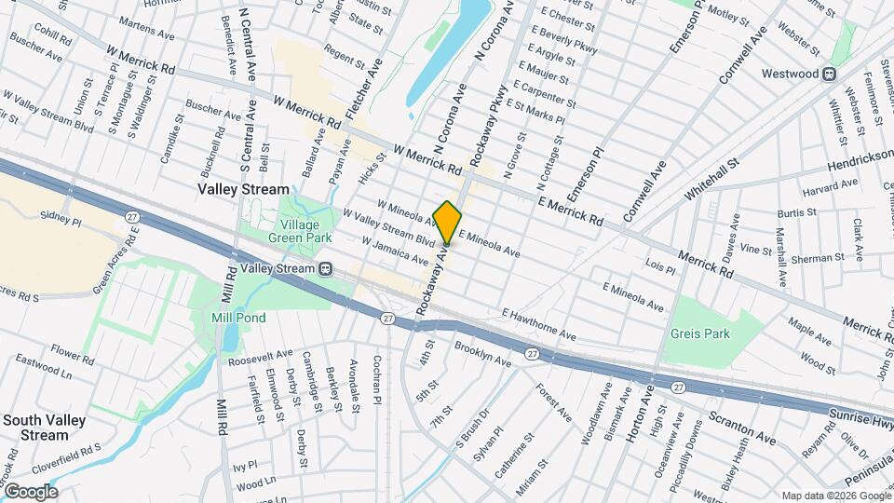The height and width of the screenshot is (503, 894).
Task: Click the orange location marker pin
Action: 447,222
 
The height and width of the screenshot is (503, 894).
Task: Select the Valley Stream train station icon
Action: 325,268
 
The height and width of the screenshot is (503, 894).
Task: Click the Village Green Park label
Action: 293,231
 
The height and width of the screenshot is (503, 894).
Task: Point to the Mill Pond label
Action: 238,318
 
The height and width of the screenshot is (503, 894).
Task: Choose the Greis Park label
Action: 699,333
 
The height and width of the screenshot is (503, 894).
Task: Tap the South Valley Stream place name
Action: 44,428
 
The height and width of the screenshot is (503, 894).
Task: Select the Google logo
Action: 30,491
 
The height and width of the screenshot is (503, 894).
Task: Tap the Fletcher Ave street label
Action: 363,89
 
